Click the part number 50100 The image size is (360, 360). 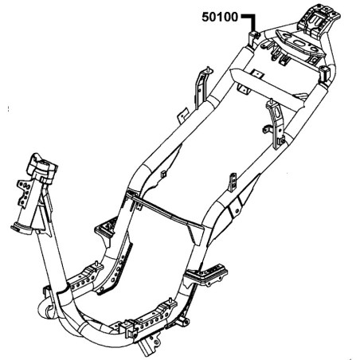pyautogui.click(x=220, y=18)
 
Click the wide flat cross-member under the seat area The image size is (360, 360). pyautogui.click(x=268, y=88)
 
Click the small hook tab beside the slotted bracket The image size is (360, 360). pyautogui.click(x=267, y=129)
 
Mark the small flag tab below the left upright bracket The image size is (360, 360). pyautogui.click(x=183, y=115)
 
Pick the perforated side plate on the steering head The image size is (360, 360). pyautogui.click(x=25, y=192)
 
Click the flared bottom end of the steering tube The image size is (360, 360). pyautogui.click(x=22, y=229)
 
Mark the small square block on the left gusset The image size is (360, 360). pyautogui.click(x=163, y=174)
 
